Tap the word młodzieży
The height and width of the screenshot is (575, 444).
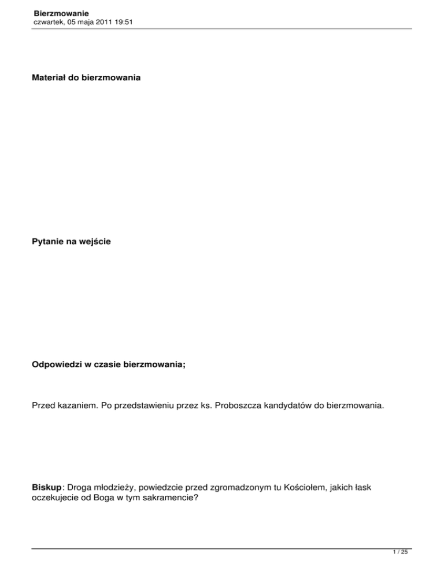click(x=112, y=488)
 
